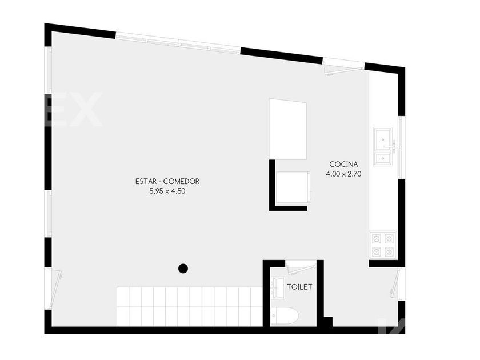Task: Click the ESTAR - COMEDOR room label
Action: click(x=167, y=182)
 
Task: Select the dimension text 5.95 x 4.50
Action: click(x=167, y=192)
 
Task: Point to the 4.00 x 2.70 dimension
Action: click(x=343, y=173)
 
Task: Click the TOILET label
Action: click(x=299, y=287)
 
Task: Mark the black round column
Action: click(x=183, y=268)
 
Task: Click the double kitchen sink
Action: click(x=383, y=146)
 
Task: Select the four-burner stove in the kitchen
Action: click(x=383, y=245)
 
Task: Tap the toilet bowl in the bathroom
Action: click(x=285, y=316)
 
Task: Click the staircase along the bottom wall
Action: click(x=189, y=307)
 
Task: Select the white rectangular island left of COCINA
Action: click(x=287, y=129)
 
